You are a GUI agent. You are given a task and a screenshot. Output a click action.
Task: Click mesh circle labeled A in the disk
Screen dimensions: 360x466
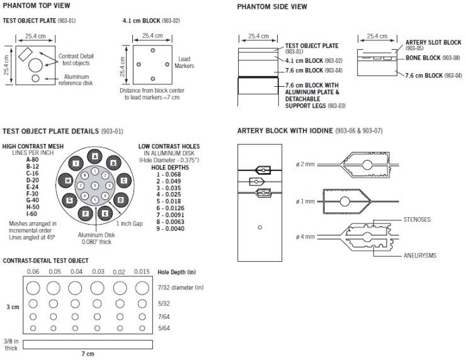(95, 155)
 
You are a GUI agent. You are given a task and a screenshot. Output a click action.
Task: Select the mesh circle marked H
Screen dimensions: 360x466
(67, 181)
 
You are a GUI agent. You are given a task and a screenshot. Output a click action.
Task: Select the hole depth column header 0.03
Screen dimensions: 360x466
(98, 271)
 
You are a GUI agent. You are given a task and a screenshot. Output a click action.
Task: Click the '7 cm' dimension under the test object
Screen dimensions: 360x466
(88, 354)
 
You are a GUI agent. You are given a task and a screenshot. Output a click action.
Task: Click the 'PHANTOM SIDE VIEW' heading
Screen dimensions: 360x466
(272, 7)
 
